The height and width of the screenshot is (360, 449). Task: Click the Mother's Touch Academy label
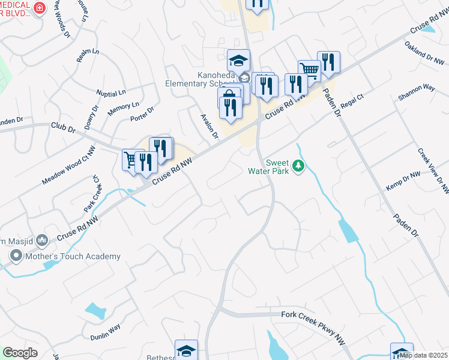pyautogui.click(x=73, y=256)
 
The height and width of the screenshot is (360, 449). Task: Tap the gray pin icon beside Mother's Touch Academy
pyautogui.click(x=16, y=257)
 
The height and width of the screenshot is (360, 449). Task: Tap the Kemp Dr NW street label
pyautogui.click(x=403, y=180)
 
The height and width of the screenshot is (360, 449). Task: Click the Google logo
pyautogui.click(x=20, y=353)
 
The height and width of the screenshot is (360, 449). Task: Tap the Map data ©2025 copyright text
pyautogui.click(x=423, y=355)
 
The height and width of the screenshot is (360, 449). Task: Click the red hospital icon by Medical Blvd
pyautogui.click(x=40, y=8)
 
